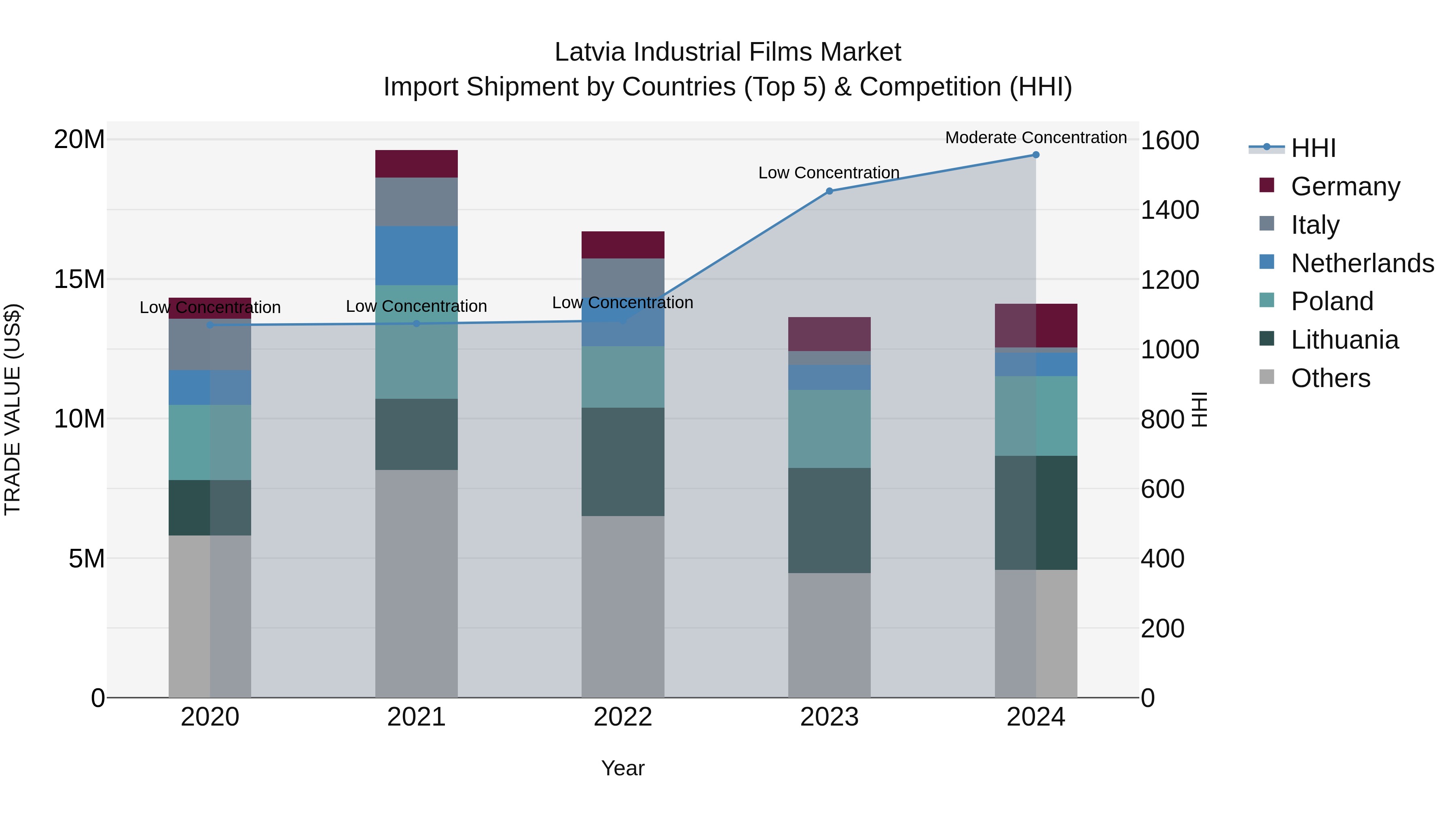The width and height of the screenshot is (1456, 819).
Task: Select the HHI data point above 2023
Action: [829, 191]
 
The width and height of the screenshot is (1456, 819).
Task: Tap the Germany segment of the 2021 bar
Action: [416, 164]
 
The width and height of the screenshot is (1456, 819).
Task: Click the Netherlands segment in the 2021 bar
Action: [416, 256]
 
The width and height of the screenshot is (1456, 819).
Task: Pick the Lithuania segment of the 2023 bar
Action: [829, 520]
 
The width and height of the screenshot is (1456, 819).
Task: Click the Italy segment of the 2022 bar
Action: [622, 277]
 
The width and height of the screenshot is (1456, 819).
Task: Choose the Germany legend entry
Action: [1345, 186]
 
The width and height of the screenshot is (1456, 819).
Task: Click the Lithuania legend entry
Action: [1344, 340]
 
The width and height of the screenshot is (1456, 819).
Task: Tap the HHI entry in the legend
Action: [1313, 148]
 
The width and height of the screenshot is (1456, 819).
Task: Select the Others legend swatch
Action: [1267, 377]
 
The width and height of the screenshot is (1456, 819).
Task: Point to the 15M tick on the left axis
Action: [79, 279]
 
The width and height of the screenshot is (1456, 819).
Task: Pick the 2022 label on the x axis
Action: [622, 717]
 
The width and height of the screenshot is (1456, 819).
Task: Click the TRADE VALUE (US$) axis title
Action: [13, 409]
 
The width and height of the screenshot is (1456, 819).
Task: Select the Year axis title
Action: [622, 768]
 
